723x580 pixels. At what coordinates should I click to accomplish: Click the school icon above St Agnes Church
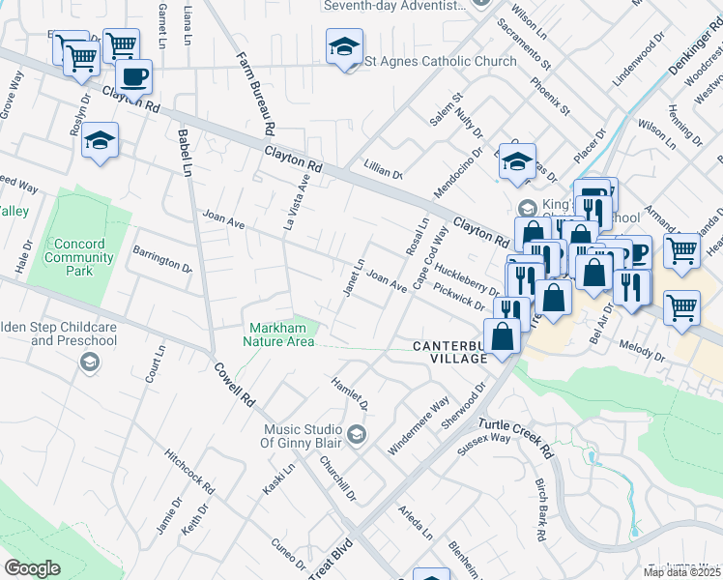click(x=344, y=48)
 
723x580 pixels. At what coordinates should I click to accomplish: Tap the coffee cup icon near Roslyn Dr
click(x=133, y=76)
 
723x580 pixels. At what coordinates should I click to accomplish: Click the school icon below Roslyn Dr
click(x=100, y=141)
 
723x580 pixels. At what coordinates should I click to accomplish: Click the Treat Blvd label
click(x=330, y=559)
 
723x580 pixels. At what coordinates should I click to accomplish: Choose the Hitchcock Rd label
click(x=189, y=466)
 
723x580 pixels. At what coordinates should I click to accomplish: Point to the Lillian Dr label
click(x=384, y=172)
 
